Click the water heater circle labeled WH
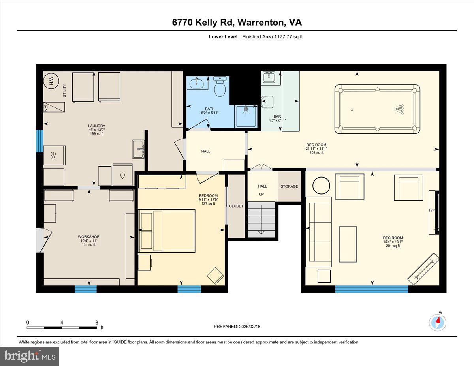pos(51,82)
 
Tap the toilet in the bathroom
pos(220,87)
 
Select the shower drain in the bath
pos(246,108)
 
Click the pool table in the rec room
pos(377,109)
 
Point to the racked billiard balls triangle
pos(400,109)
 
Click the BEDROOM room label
pos(208,196)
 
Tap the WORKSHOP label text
pos(86,237)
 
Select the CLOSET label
pos(236,206)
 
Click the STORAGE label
pos(289,186)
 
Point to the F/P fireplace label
pos(432,210)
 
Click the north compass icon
pos(438,322)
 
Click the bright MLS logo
pos(30,356)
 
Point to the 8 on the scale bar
pos(97,323)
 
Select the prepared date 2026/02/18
pos(237,327)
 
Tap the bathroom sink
pos(196,83)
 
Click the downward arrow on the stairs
pos(261,231)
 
